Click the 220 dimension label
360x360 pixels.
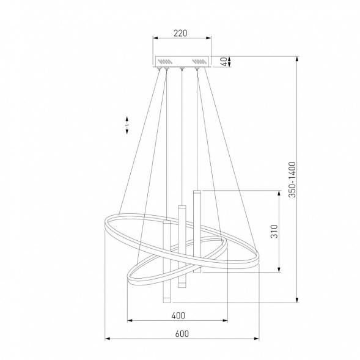(180, 33)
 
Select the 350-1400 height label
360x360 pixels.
(292, 180)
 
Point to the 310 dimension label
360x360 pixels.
(274, 231)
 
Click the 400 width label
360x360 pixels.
(178, 316)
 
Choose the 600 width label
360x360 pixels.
(182, 333)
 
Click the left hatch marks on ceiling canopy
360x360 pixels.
(165, 62)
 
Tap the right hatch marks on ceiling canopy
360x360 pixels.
(199, 62)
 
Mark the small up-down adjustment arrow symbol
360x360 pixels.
(127, 125)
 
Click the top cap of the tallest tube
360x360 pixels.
(197, 192)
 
